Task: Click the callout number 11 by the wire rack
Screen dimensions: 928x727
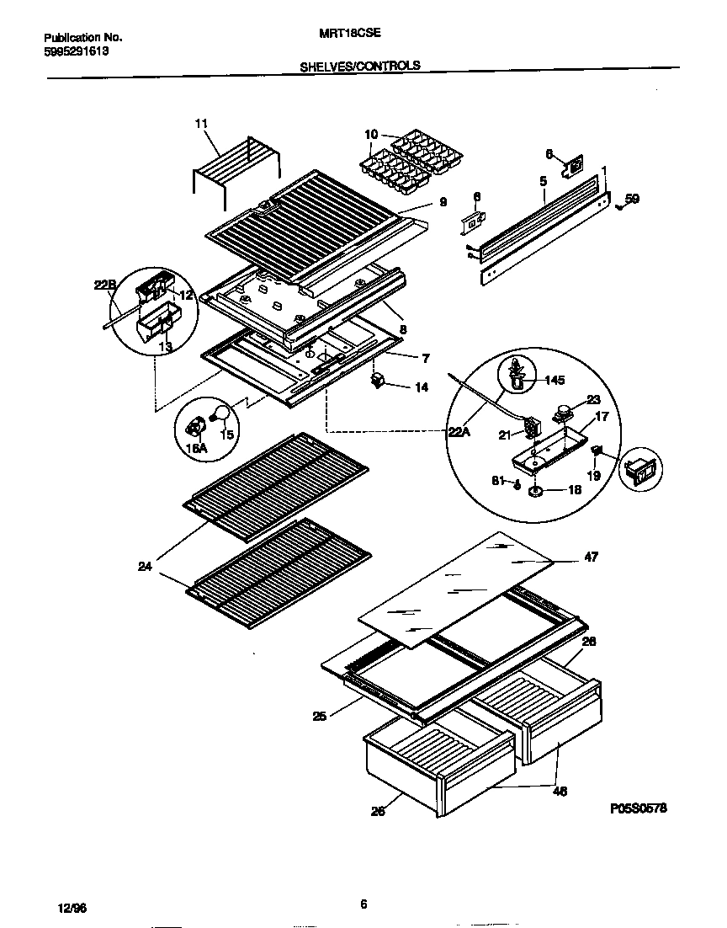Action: click(200, 124)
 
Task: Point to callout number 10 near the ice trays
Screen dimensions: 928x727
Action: click(371, 135)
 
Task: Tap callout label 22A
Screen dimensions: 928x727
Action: click(459, 432)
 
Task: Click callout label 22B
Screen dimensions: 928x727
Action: click(105, 285)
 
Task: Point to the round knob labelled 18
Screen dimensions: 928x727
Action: click(535, 491)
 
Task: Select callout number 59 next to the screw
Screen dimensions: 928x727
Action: click(632, 200)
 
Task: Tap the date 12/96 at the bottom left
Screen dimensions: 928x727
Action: click(73, 909)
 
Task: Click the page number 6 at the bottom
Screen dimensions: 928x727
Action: click(363, 905)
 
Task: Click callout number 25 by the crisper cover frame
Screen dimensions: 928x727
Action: click(319, 717)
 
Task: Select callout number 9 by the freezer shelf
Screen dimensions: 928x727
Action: click(442, 202)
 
